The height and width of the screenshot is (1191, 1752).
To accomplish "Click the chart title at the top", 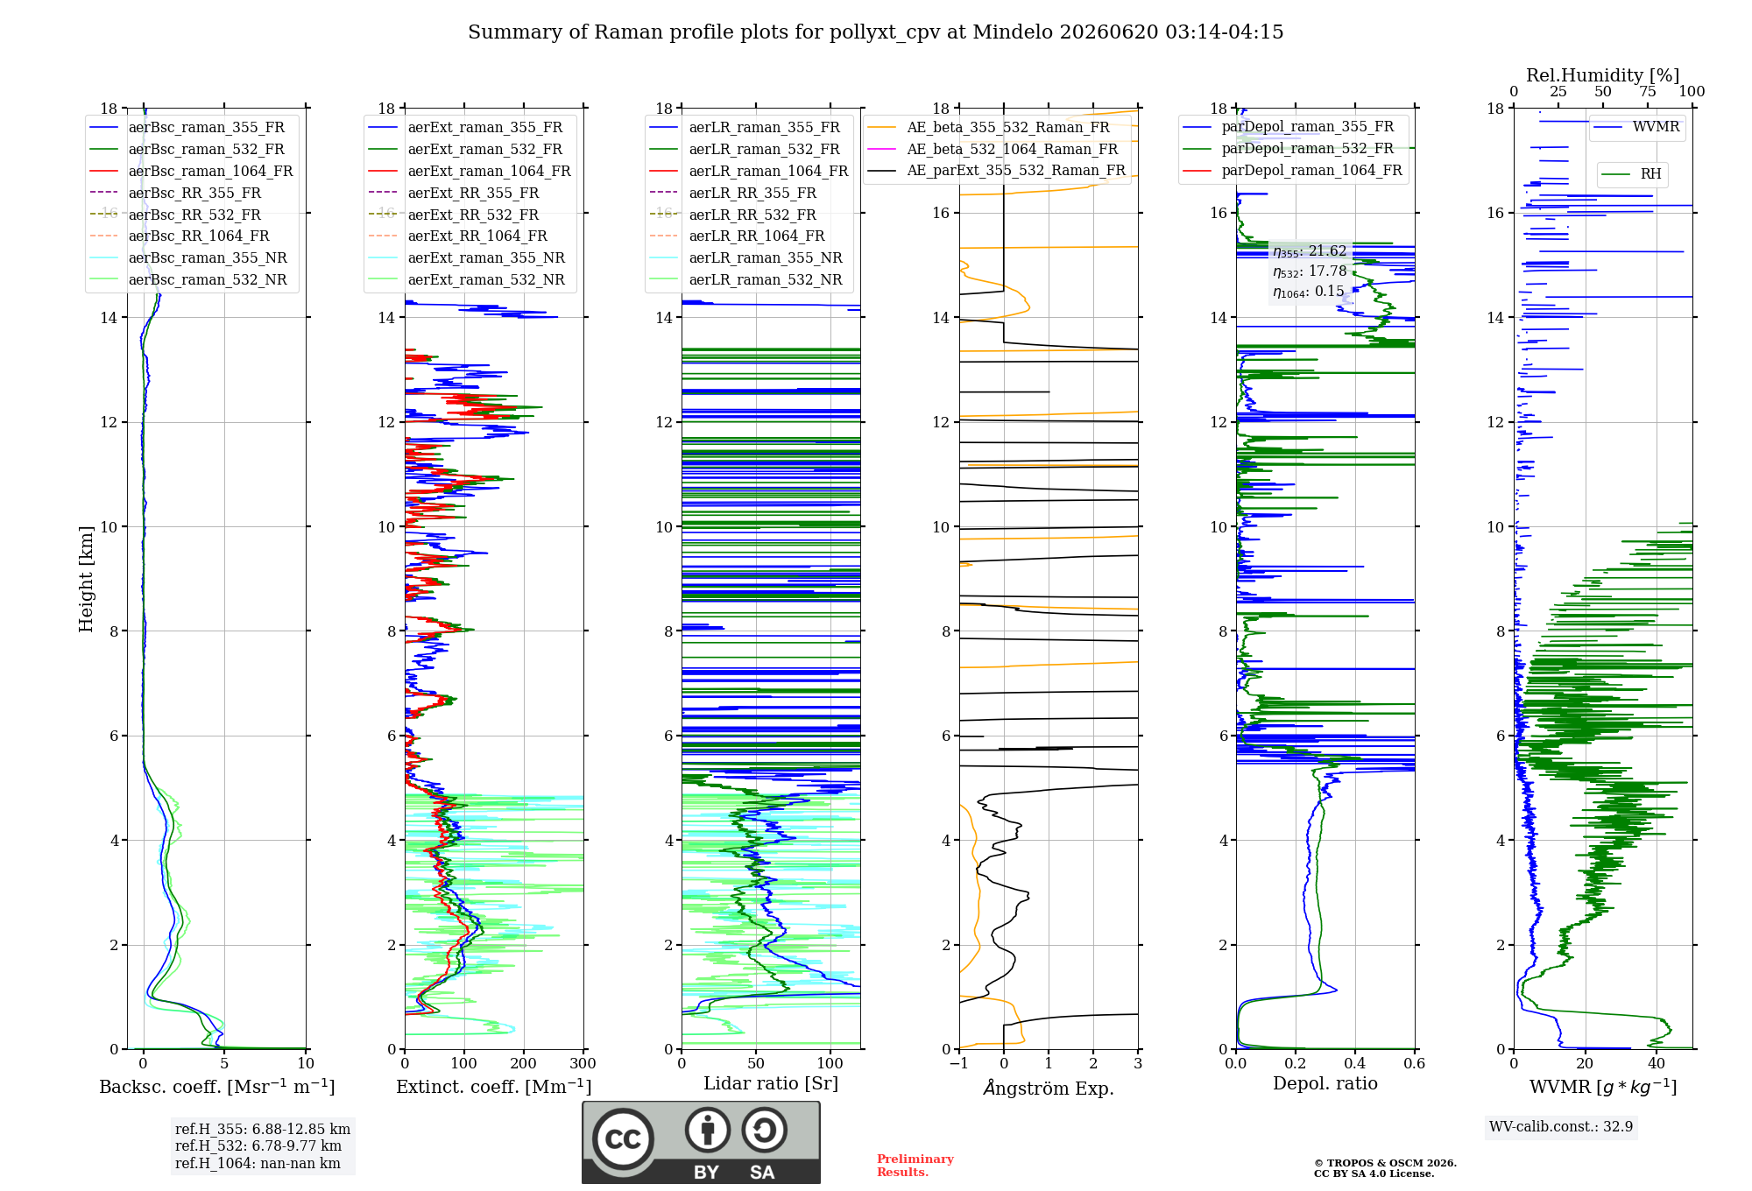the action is pos(875,32).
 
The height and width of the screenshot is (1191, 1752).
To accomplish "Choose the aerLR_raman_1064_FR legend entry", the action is pos(749,172).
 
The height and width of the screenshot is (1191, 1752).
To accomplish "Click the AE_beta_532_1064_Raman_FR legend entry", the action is pos(993,150).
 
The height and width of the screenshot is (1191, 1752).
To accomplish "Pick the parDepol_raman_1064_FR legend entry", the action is pos(1292,171).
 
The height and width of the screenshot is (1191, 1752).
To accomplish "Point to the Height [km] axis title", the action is pos(86,579).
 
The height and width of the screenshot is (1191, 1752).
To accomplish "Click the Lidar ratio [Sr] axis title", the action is pos(771,1083).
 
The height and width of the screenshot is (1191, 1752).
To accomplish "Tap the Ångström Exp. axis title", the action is pos(1049,1088).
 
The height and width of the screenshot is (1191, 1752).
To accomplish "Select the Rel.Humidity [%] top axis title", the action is pos(1603,75).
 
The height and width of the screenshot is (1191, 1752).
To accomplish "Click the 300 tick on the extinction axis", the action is pos(583,1064).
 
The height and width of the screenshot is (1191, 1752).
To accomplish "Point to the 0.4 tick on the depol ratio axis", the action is pos(1355,1064).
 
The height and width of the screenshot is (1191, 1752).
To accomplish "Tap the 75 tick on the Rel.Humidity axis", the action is pos(1648,92).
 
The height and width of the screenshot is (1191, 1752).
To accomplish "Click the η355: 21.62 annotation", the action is pos(1310,251).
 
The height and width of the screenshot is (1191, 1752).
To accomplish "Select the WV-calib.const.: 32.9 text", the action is pos(1561,1127).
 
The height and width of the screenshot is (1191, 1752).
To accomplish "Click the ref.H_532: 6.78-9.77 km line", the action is pos(258,1146).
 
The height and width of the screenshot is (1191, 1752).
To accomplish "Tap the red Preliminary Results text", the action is pos(915,1166).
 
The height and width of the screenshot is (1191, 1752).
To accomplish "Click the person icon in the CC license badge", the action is pos(708,1130).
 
